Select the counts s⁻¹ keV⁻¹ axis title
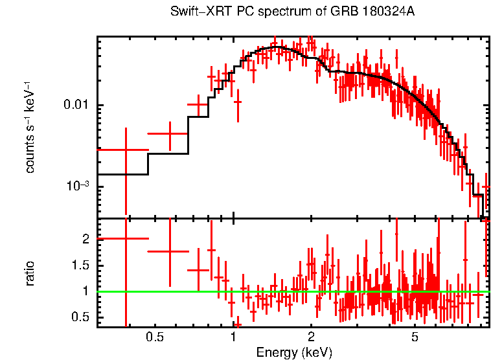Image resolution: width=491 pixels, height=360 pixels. coord(30,127)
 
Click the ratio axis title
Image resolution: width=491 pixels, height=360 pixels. coord(30,273)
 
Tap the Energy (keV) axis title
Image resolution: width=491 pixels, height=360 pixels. coord(294,353)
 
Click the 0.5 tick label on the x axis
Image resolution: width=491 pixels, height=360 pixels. coord(154,337)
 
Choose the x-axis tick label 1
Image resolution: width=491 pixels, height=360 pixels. coord(233,337)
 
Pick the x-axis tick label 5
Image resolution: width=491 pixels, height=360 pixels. coord(415,337)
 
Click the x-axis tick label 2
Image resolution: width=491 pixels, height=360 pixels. coord(311,337)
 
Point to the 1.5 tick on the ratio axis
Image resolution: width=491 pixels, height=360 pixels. coord(80,265)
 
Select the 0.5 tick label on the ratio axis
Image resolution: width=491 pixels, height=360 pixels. coord(80,317)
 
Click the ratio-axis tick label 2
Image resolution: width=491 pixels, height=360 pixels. coord(85,239)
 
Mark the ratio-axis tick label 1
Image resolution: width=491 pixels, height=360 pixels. coord(85,291)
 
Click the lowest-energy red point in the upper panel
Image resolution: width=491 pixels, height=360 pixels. coord(126,150)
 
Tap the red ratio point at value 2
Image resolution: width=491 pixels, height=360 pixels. coord(126,238)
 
